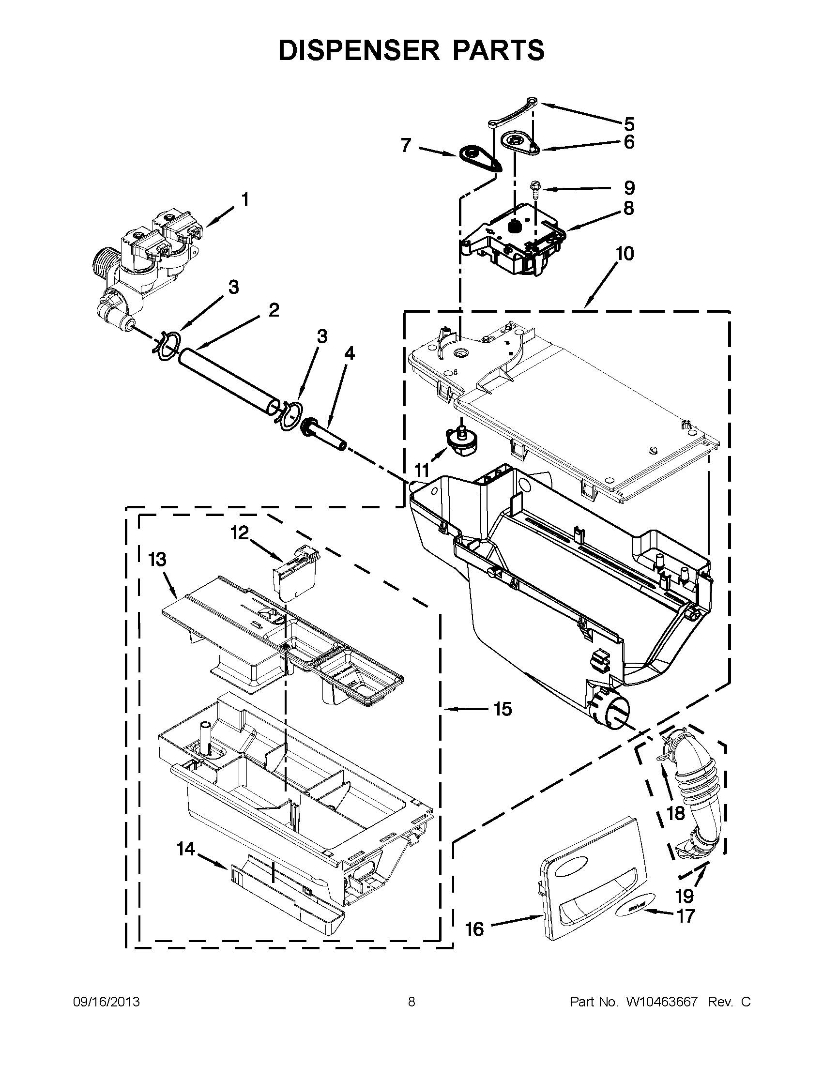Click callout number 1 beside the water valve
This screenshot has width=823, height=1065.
(245, 199)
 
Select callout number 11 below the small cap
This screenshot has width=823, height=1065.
(422, 470)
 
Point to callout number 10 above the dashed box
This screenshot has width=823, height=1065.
(625, 254)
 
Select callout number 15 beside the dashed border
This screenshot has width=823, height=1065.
(503, 709)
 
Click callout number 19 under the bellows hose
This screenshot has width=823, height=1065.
(685, 895)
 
